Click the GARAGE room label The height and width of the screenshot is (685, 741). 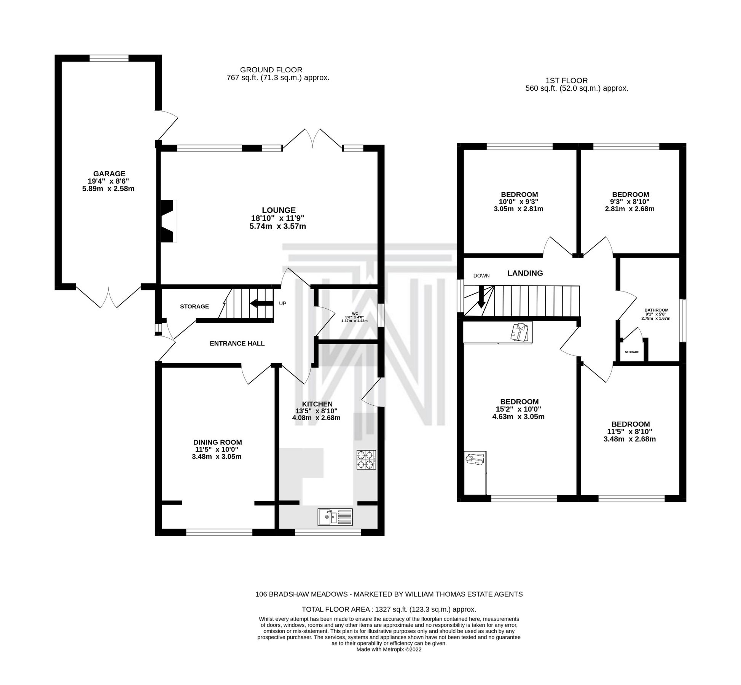click(x=109, y=174)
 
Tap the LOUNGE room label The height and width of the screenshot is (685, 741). click(x=279, y=210)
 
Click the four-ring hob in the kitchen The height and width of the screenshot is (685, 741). click(x=366, y=459)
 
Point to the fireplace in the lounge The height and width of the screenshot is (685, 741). click(x=169, y=221)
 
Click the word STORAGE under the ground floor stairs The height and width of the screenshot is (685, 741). click(x=194, y=306)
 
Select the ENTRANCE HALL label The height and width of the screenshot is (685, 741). click(x=237, y=343)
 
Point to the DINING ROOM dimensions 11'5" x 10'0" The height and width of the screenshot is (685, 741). click(x=217, y=449)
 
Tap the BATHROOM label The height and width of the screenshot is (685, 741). click(x=656, y=310)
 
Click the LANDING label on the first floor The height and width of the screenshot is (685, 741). click(x=525, y=273)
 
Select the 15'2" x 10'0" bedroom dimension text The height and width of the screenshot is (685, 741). click(x=519, y=409)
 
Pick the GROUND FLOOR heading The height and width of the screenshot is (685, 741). click(x=271, y=70)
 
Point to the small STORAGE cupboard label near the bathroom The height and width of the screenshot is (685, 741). click(x=632, y=352)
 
